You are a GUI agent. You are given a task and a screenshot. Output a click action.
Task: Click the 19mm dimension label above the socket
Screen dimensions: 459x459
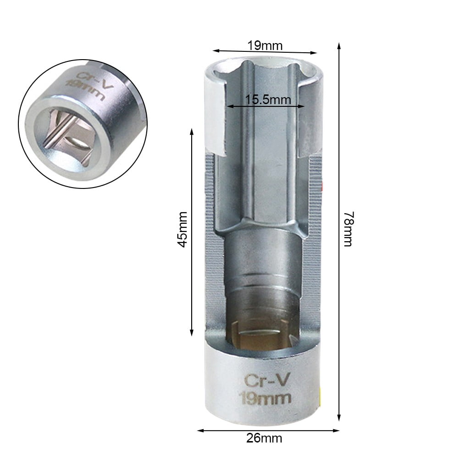point(265,45)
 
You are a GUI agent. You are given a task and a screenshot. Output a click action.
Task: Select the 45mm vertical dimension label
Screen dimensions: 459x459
point(182,229)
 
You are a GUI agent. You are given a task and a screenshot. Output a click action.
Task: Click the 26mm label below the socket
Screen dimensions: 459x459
point(265,438)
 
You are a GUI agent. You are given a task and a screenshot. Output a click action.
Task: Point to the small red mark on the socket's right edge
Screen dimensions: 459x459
point(322,186)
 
